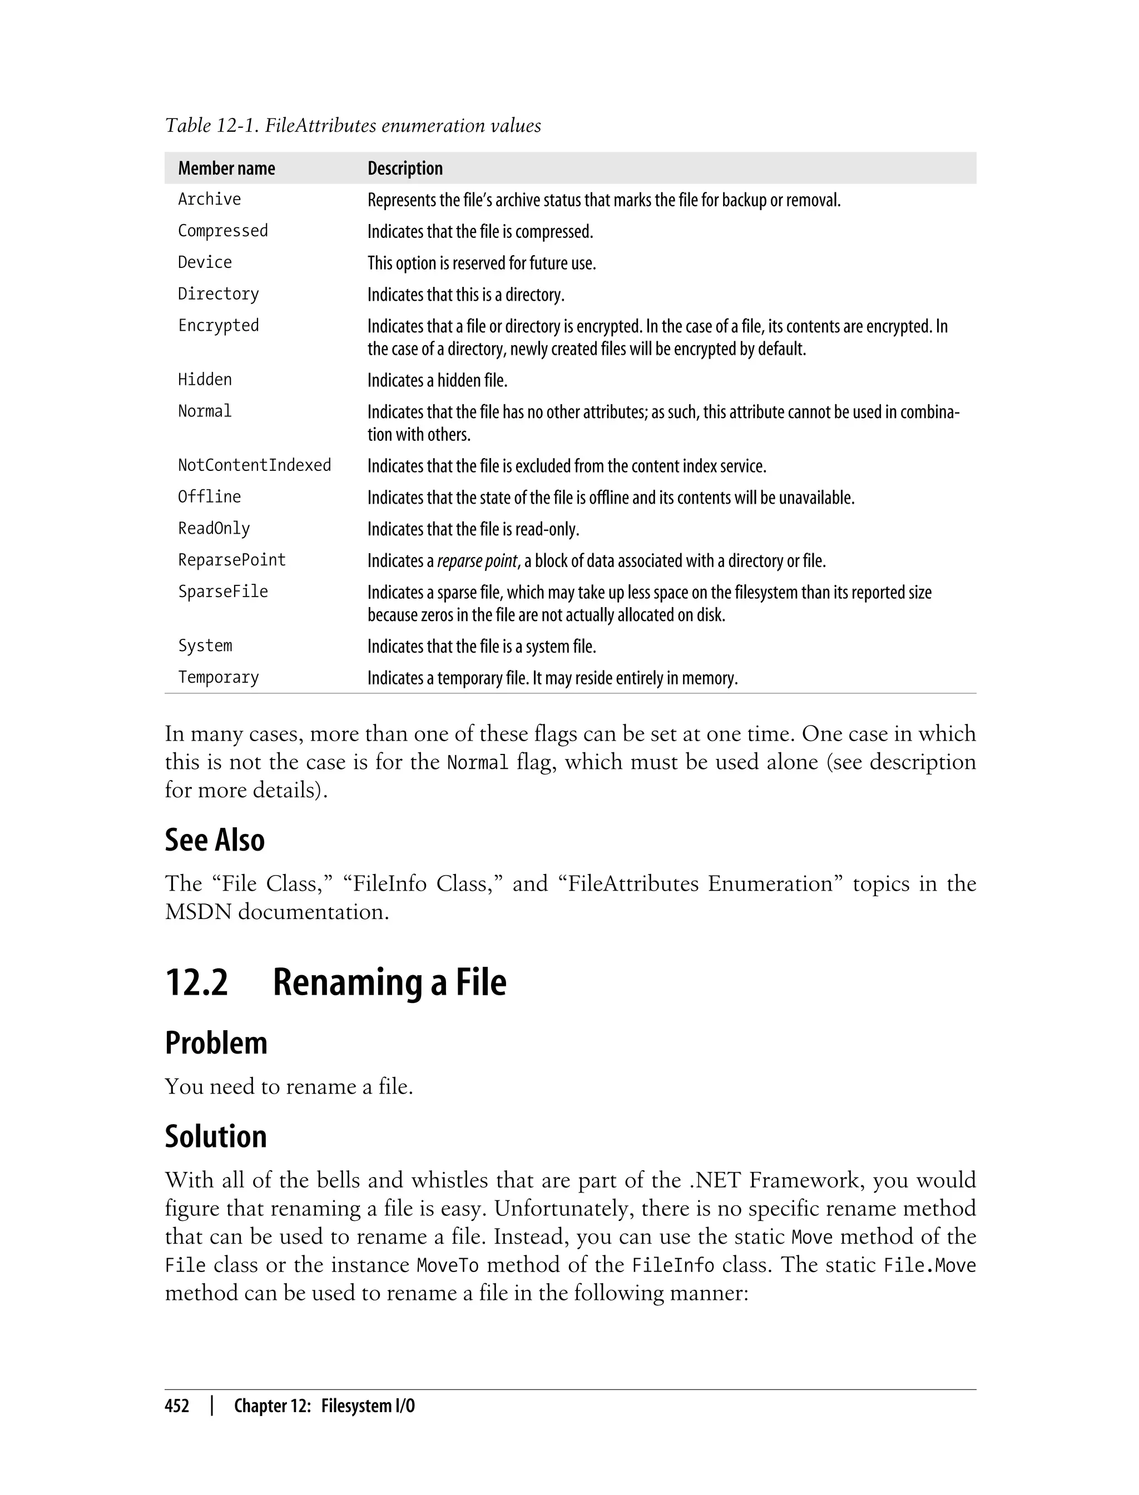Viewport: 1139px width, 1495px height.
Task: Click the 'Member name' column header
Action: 226,168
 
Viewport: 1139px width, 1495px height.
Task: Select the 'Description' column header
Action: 405,168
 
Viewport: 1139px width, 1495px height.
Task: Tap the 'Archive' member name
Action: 210,199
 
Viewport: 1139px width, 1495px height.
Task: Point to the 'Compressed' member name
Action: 223,231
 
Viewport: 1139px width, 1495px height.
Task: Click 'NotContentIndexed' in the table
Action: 254,465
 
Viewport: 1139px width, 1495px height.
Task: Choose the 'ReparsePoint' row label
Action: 232,560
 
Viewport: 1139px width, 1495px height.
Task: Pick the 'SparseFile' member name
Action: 223,592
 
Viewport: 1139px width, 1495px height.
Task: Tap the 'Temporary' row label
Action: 219,678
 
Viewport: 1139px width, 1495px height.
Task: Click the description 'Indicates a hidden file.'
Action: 437,381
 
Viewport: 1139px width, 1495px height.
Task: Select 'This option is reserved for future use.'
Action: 482,263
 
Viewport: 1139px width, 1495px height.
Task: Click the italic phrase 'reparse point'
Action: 477,561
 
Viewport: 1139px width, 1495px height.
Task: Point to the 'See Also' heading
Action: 215,840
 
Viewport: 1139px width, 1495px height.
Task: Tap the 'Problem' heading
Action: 216,1043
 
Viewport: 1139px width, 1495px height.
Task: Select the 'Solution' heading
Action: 216,1136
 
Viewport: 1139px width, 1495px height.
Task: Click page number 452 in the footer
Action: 177,1406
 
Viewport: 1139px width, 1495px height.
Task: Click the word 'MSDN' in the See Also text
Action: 197,912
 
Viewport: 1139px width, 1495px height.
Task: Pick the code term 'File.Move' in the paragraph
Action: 929,1265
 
